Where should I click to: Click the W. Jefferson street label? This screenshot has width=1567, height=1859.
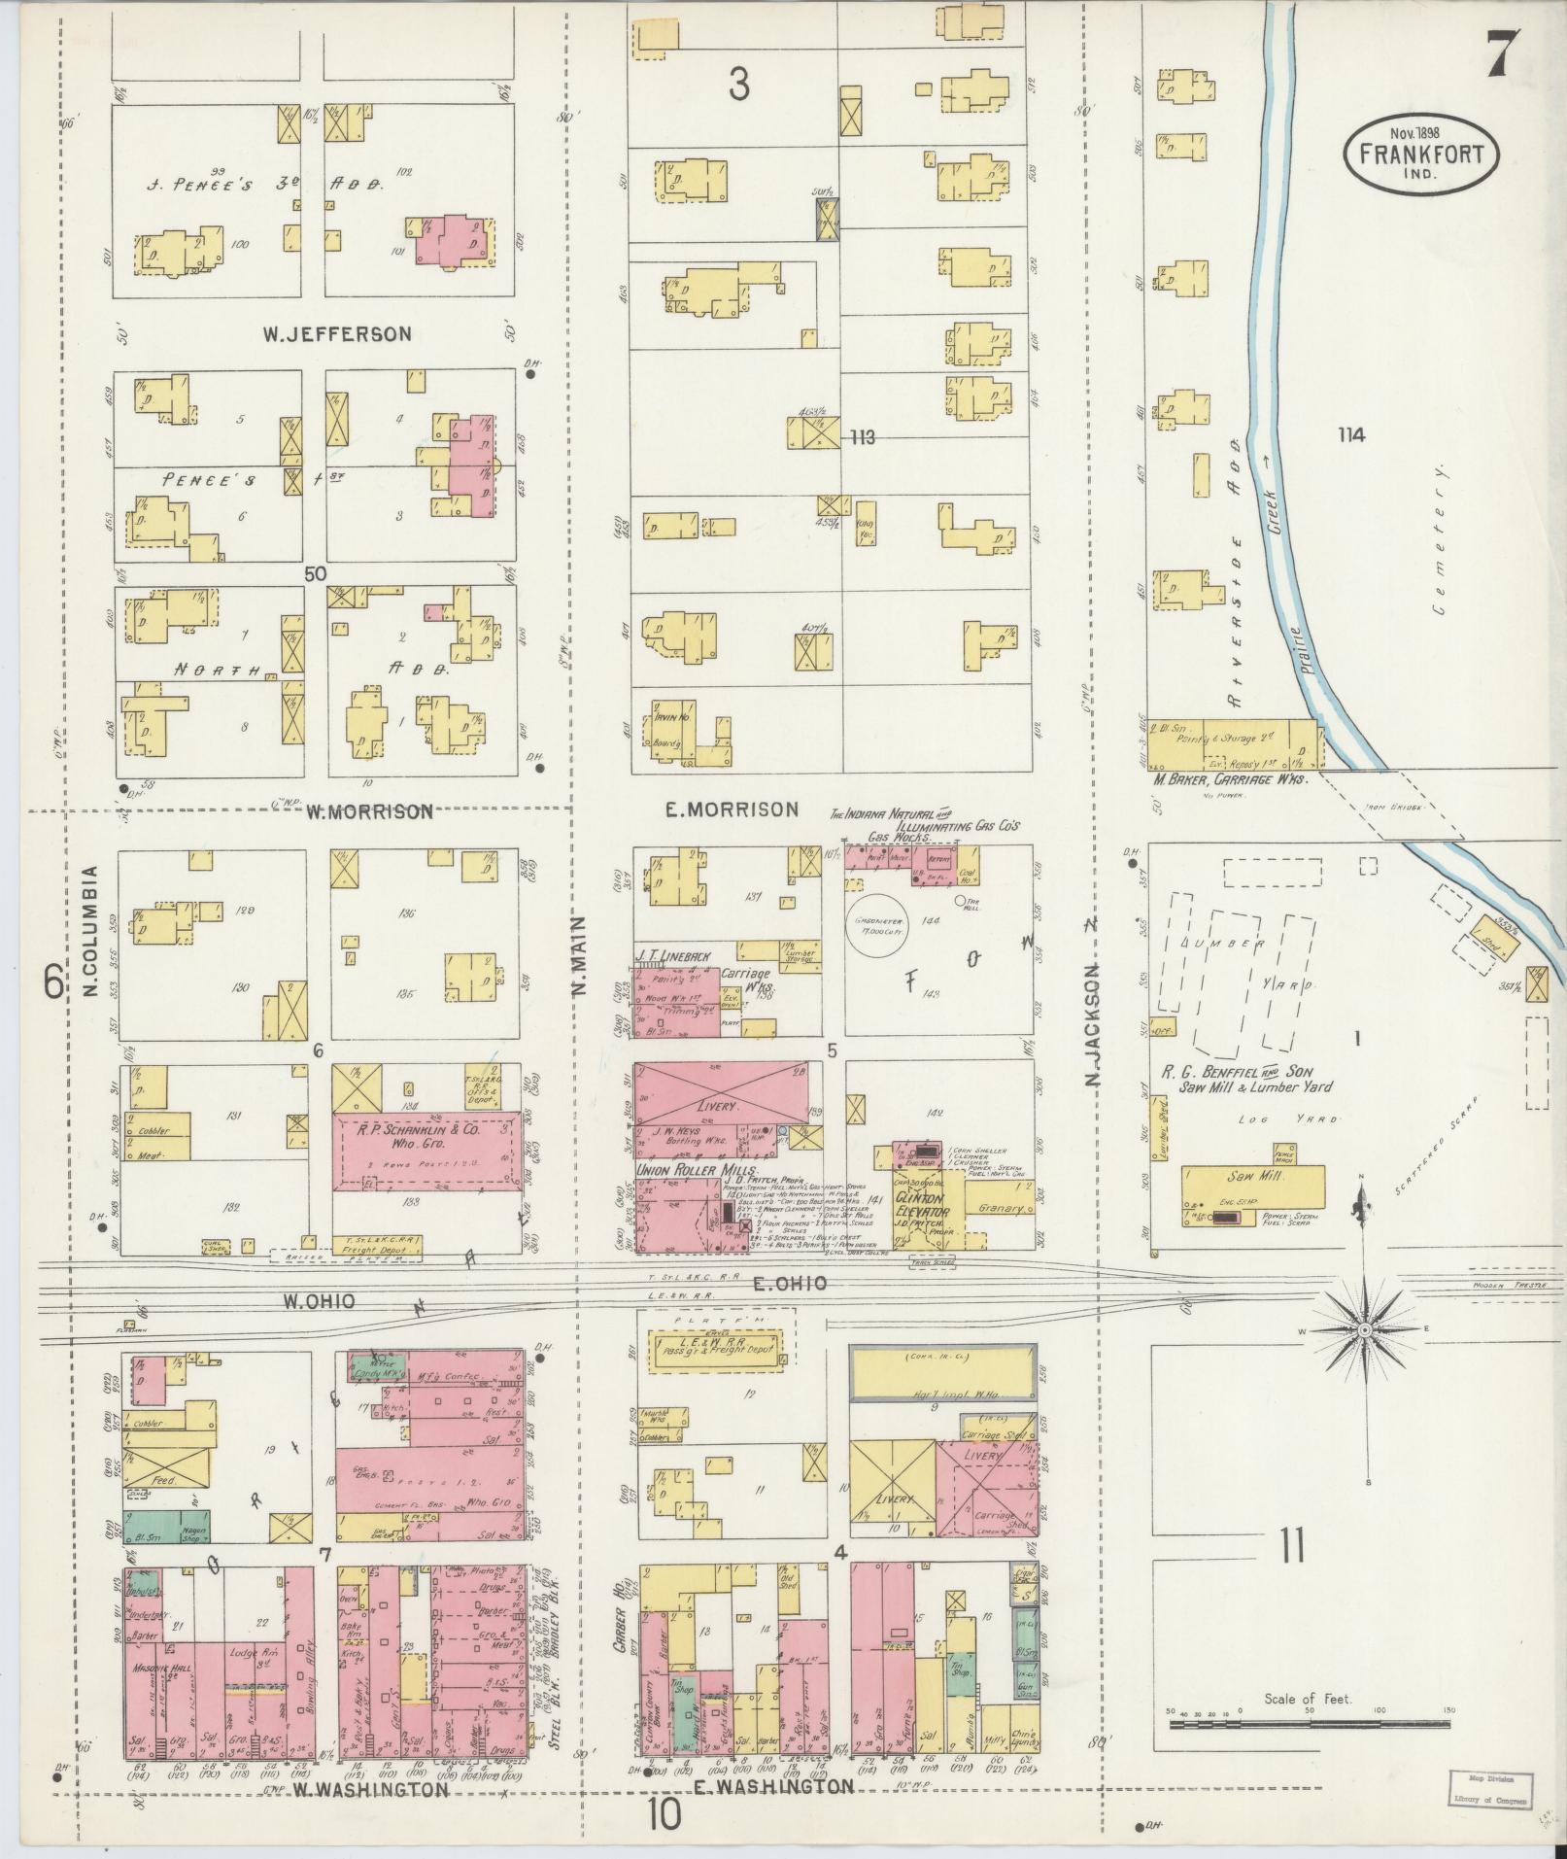point(337,333)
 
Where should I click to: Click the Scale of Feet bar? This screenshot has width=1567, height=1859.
point(1307,1724)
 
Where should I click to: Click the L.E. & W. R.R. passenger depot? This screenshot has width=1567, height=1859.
point(716,1350)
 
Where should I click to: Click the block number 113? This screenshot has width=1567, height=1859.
point(861,437)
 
